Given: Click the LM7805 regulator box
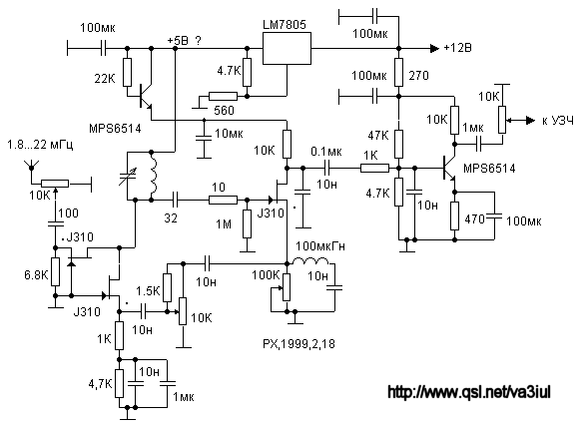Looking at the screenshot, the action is [x=287, y=48].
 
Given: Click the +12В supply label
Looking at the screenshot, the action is [x=457, y=48].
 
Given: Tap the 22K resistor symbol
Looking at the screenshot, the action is [x=127, y=73].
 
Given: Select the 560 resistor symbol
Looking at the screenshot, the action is [x=223, y=96].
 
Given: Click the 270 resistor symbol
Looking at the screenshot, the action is [x=398, y=72].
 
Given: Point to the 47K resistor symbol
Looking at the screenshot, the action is [x=398, y=144].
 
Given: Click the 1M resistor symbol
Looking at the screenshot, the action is [x=247, y=223].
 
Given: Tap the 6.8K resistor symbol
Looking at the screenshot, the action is [x=55, y=271].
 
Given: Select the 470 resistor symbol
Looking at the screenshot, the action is [x=454, y=215].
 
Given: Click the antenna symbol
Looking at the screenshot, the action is [x=31, y=166].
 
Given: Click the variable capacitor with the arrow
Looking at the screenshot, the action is [x=127, y=177].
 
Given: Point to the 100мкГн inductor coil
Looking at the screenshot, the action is [x=310, y=261].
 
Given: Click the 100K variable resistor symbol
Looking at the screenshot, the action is [x=287, y=287].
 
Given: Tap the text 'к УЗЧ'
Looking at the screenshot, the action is [x=558, y=121].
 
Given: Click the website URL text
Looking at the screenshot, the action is [x=469, y=392].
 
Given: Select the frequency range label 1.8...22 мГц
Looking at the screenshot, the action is [x=40, y=144].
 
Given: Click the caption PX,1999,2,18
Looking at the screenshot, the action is [x=298, y=344].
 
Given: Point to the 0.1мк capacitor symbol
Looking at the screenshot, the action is [x=326, y=168].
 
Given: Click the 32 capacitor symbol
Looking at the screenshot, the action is [x=176, y=200].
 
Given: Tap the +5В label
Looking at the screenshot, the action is [x=178, y=41].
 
